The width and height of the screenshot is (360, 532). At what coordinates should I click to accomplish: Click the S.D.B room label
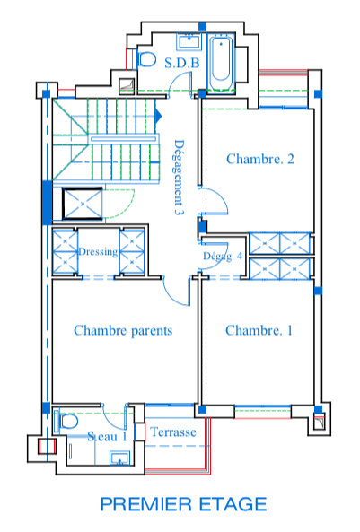[x=181, y=63]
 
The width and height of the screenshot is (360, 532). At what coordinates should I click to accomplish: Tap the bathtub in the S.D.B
[x=221, y=63]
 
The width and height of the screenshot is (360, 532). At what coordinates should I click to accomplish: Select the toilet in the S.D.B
[x=146, y=59]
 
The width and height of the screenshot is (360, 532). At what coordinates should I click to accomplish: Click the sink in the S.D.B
[x=189, y=41]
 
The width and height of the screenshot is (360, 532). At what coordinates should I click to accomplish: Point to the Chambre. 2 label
[x=260, y=159]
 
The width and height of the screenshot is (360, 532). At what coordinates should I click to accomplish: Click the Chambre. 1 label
[x=259, y=330]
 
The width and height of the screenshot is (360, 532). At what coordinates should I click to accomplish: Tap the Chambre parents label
[x=123, y=330]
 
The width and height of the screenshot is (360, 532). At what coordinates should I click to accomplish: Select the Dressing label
[x=98, y=252]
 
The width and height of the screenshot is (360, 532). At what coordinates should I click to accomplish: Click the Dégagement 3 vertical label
[x=179, y=177]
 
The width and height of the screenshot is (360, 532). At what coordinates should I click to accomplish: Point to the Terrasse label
[x=173, y=432]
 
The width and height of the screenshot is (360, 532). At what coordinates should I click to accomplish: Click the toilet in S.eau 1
[x=67, y=422]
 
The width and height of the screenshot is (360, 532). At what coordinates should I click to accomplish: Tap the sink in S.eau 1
[x=119, y=458]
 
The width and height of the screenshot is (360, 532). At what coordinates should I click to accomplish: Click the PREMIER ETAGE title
[x=184, y=504]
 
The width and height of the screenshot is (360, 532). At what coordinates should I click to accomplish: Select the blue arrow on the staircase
[x=158, y=116]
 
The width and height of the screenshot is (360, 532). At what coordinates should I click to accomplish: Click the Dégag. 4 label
[x=223, y=256]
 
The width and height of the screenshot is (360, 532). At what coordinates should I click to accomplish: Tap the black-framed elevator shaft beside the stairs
[x=83, y=204]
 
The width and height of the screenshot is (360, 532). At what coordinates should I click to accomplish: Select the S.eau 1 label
[x=107, y=436]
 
